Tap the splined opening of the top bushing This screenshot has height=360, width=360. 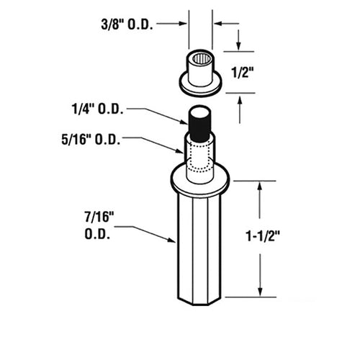200,58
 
